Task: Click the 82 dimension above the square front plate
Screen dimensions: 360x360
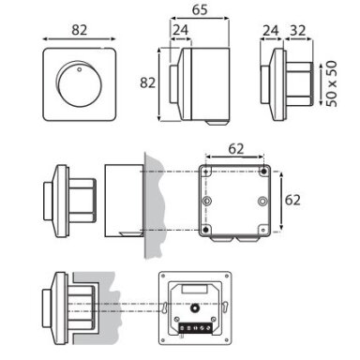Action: (x=80, y=30)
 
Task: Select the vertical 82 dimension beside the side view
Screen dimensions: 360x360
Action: (x=147, y=82)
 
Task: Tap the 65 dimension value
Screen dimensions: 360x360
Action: (x=200, y=9)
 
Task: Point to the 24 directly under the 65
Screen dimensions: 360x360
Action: (x=181, y=30)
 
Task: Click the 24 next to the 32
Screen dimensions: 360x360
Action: (x=271, y=31)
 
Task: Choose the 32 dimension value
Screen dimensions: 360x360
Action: (x=298, y=31)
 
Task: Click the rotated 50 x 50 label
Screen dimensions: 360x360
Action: (x=331, y=83)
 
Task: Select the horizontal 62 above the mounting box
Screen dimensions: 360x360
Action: (x=236, y=149)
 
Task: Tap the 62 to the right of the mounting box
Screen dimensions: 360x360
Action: (x=292, y=200)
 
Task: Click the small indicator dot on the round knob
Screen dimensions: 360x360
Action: (x=79, y=69)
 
